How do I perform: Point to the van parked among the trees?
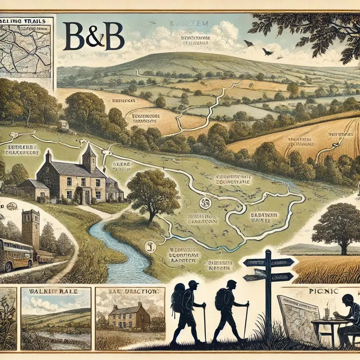(x=63, y=126)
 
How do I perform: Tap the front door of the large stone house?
(x=86, y=195)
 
